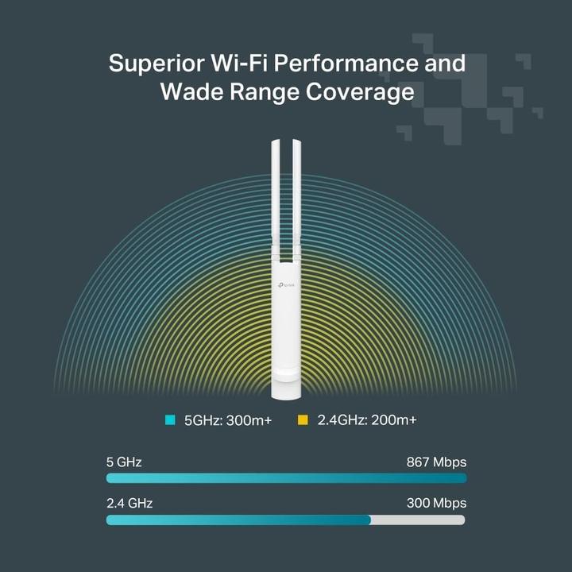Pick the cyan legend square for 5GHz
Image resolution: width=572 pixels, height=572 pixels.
(x=169, y=419)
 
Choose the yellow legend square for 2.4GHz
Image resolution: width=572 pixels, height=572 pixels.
(x=302, y=419)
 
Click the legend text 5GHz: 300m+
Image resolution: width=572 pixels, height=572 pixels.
(x=228, y=419)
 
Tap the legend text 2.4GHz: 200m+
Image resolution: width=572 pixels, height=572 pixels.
(x=366, y=419)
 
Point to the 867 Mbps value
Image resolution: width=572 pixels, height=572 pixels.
(x=437, y=462)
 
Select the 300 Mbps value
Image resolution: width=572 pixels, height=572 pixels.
(x=437, y=503)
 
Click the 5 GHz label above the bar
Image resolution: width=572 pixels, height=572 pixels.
(x=124, y=462)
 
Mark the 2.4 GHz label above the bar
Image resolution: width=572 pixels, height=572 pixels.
(x=129, y=503)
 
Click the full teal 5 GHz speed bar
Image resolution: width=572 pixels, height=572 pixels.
(x=286, y=478)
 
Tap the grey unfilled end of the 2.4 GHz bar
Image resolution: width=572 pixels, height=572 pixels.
(x=418, y=520)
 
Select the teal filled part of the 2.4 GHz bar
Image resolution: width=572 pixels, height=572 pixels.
(x=238, y=520)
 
